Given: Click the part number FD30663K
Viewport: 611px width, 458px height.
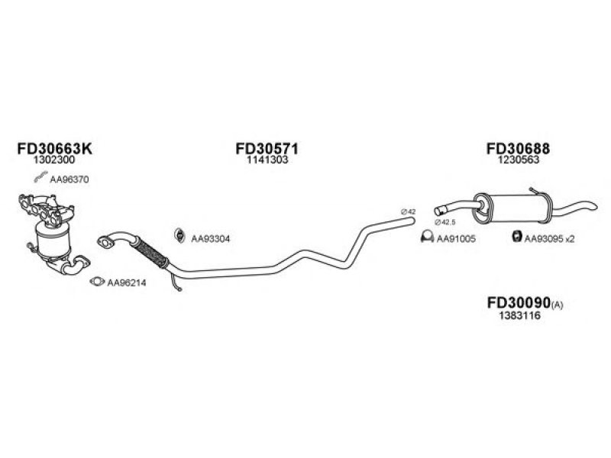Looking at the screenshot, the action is [54, 148].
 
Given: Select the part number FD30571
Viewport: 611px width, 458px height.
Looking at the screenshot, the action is [267, 148].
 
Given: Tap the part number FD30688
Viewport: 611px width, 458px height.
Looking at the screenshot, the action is [518, 148].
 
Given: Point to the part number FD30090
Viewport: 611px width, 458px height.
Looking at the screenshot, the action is [519, 302].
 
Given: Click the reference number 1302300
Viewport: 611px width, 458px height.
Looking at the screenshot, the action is [54, 160].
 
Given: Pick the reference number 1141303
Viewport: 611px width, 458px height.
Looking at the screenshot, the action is [267, 160].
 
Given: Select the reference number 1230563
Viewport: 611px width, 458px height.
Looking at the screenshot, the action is [519, 160].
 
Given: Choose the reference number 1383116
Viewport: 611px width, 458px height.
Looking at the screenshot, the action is [520, 315].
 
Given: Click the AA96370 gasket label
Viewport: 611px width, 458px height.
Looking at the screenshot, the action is [70, 179].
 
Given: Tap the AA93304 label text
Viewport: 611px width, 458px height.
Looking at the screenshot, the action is [211, 239].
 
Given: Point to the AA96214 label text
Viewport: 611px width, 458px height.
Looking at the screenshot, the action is [127, 282].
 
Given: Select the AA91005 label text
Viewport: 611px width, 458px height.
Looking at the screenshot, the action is [456, 239].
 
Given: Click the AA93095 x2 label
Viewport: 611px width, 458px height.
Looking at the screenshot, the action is [549, 239].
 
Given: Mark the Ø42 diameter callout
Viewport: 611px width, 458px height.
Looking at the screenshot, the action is [409, 212].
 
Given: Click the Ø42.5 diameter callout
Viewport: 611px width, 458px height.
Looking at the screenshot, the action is [445, 222].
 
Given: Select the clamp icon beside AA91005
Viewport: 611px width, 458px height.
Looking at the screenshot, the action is [428, 237].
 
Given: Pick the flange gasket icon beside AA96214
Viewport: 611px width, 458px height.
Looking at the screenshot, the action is [97, 281].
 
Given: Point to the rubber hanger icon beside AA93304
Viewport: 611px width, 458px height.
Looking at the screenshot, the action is [179, 235].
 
